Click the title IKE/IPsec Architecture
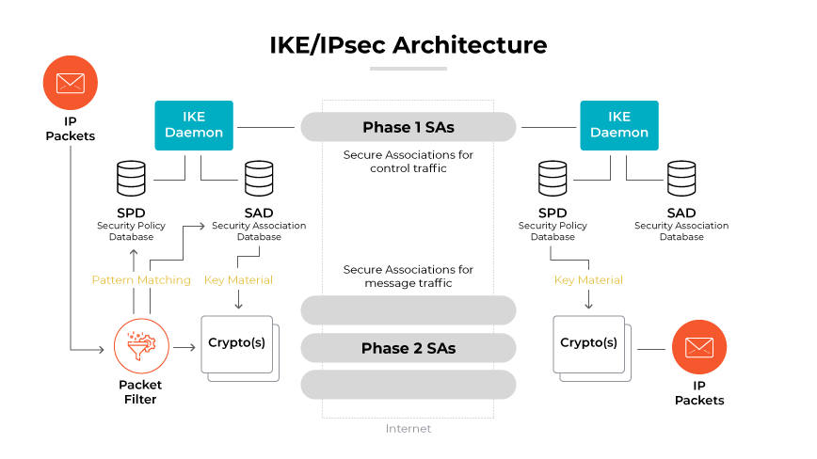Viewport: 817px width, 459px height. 408,44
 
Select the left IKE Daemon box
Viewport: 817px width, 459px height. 194,125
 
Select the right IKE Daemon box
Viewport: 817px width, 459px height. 618,125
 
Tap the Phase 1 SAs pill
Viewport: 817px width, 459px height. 408,127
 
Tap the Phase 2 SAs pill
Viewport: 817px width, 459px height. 408,348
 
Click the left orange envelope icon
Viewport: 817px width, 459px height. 70,84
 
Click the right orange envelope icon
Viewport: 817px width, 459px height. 698,347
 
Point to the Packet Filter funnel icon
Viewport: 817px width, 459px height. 140,347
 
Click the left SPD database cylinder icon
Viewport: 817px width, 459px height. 131,179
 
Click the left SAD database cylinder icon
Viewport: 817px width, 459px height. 259,179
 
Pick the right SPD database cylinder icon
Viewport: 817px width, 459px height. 553,179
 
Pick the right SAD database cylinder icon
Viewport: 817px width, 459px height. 681,179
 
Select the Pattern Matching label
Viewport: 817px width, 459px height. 141,279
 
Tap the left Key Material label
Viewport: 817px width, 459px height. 238,279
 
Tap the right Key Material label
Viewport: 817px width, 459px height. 588,279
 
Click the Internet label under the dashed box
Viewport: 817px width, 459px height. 408,429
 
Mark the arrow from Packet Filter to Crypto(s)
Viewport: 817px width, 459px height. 184,348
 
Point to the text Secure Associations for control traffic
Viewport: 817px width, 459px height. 408,161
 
